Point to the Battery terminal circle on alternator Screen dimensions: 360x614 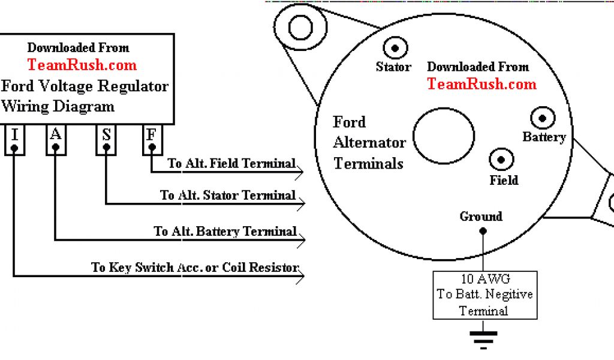tap(543, 117)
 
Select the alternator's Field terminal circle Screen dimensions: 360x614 tap(502, 160)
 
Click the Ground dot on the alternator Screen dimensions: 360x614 tap(482, 232)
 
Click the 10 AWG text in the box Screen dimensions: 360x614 tap(484, 279)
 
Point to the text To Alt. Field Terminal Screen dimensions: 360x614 tap(231, 163)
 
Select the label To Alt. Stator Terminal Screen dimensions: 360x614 tap(228, 195)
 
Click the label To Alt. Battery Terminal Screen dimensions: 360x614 tap(225, 231)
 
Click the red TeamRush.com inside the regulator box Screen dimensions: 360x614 tap(82, 65)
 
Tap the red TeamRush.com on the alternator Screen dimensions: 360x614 tap(481, 84)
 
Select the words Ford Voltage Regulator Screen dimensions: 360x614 tap(85, 86)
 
